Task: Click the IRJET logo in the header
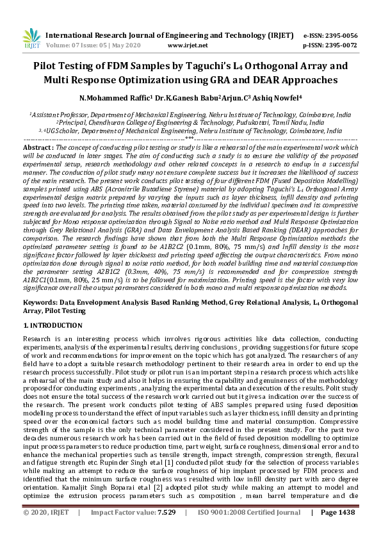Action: pos(30,38)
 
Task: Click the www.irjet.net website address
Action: pos(187,45)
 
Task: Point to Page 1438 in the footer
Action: pos(337,531)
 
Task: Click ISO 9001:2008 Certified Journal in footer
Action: pos(249,531)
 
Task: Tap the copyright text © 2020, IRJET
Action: pos(47,531)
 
